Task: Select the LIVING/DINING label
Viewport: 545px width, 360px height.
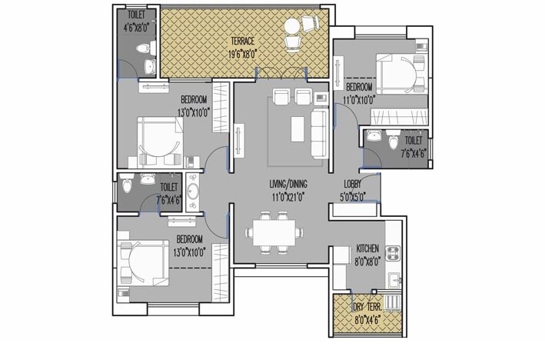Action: pos(288,185)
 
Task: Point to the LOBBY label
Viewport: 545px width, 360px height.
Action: pos(353,185)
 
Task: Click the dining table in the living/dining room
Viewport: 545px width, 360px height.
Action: pos(274,231)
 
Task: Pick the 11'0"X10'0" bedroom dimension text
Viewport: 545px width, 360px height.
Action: pos(359,99)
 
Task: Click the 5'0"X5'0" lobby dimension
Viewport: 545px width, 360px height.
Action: pos(353,197)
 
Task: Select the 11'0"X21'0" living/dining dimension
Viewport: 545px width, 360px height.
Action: pos(288,198)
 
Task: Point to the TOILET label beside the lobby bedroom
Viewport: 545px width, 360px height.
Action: pos(412,141)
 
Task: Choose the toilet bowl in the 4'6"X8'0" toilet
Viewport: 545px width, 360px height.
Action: pos(139,52)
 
